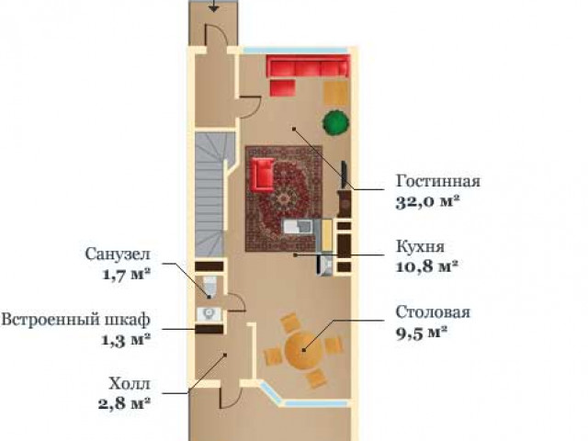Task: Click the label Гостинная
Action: pyautogui.click(x=438, y=181)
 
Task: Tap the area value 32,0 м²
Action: pyautogui.click(x=428, y=202)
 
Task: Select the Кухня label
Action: pyautogui.click(x=421, y=246)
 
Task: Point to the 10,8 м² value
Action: pyautogui.click(x=427, y=266)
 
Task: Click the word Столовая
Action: pyautogui.click(x=433, y=311)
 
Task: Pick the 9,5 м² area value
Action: pyautogui.click(x=422, y=332)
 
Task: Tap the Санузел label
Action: pyautogui.click(x=118, y=254)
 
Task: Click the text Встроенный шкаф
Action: pyautogui.click(x=75, y=320)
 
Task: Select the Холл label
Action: pyautogui.click(x=130, y=384)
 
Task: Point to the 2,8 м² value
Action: pyautogui.click(x=125, y=403)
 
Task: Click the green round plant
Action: pyautogui.click(x=335, y=122)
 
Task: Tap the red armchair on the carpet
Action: pyautogui.click(x=263, y=174)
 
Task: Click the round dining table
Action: pyautogui.click(x=303, y=350)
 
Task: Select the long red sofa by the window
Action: pyautogui.click(x=309, y=66)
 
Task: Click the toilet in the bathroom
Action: pyautogui.click(x=209, y=286)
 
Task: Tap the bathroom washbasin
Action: pyautogui.click(x=209, y=314)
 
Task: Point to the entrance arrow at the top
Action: pyautogui.click(x=213, y=6)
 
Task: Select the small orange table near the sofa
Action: pyautogui.click(x=335, y=93)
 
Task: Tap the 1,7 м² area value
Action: pyautogui.click(x=127, y=274)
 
